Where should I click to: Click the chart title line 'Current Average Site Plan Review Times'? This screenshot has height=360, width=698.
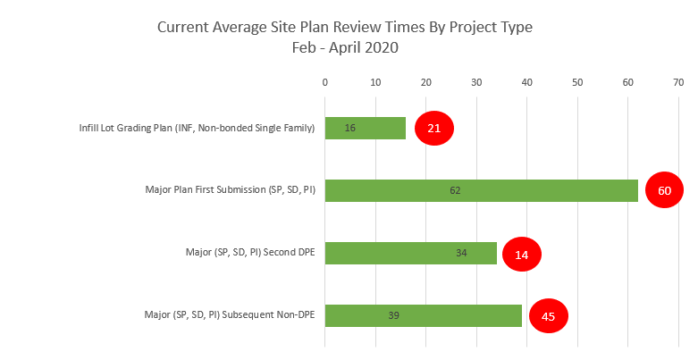coord(344,27)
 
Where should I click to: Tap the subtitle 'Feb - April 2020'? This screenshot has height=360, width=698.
coord(344,47)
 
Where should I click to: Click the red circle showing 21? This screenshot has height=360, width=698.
coord(434,129)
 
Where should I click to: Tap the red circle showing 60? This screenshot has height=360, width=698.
coord(664,190)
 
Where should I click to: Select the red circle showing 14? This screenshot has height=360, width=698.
coord(522,254)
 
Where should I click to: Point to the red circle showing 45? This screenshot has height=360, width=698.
coord(548,316)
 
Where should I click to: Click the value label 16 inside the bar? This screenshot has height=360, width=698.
coord(350,128)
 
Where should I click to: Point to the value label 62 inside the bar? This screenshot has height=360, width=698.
coord(455,190)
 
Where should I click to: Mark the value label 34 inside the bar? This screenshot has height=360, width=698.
coord(461,253)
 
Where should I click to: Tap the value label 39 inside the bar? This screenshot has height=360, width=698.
coord(393,315)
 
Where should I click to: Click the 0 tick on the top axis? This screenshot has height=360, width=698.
coord(325,83)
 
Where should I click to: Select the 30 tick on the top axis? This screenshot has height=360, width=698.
coord(476,83)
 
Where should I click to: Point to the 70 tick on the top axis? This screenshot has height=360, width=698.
coord(678,83)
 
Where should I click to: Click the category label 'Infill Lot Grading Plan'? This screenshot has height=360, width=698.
coord(197,128)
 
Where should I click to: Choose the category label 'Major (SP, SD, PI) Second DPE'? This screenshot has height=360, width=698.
coord(244,253)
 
